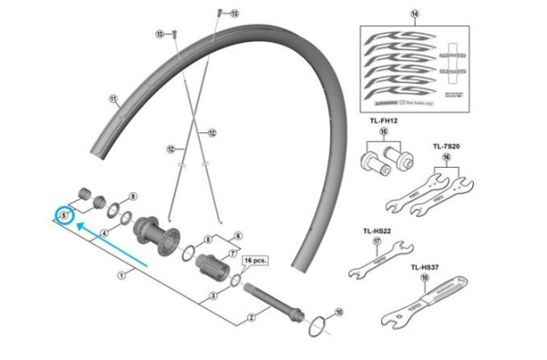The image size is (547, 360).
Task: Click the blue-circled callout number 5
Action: pyautogui.click(x=64, y=214)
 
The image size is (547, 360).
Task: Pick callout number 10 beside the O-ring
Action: pyautogui.click(x=339, y=312)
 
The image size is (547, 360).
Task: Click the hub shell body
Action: pyautogui.click(x=155, y=237)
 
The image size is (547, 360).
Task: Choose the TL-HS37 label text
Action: pyautogui.click(x=426, y=267)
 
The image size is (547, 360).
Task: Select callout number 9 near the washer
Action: pyautogui.click(x=132, y=196)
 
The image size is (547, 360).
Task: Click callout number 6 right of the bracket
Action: pyautogui.click(x=237, y=234)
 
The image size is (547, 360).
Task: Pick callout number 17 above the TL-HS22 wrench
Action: pyautogui.click(x=377, y=242)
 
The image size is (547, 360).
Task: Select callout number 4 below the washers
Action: pyautogui.click(x=105, y=233)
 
